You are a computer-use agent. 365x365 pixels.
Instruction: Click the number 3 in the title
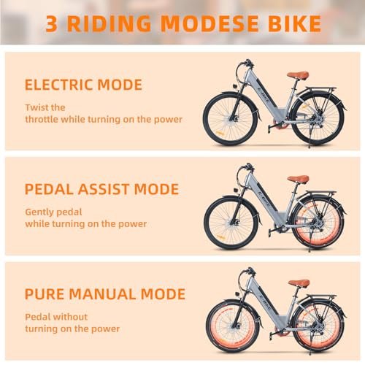(x=52, y=23)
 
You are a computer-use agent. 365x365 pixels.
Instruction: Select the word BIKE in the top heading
(x=294, y=23)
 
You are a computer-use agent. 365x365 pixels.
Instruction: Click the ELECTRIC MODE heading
(x=83, y=85)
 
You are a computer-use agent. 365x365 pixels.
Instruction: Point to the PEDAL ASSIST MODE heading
(x=102, y=189)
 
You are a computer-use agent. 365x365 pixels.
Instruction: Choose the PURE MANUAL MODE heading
(x=105, y=294)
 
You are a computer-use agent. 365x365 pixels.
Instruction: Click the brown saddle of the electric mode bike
(x=298, y=75)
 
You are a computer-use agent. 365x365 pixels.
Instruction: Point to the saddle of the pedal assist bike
(x=298, y=180)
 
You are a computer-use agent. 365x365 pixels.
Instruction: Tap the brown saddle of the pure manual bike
(x=299, y=283)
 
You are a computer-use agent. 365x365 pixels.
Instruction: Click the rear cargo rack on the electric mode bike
(x=321, y=89)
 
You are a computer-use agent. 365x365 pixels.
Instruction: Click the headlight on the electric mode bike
(x=235, y=86)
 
